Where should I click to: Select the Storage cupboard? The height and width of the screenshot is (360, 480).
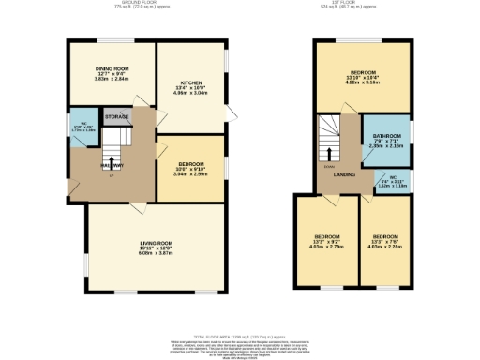click(117, 117)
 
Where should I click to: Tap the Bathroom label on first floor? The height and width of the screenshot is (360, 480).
click(385, 137)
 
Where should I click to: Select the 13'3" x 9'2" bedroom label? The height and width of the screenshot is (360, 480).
click(327, 235)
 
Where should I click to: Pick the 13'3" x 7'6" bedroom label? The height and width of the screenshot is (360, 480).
click(385, 235)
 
